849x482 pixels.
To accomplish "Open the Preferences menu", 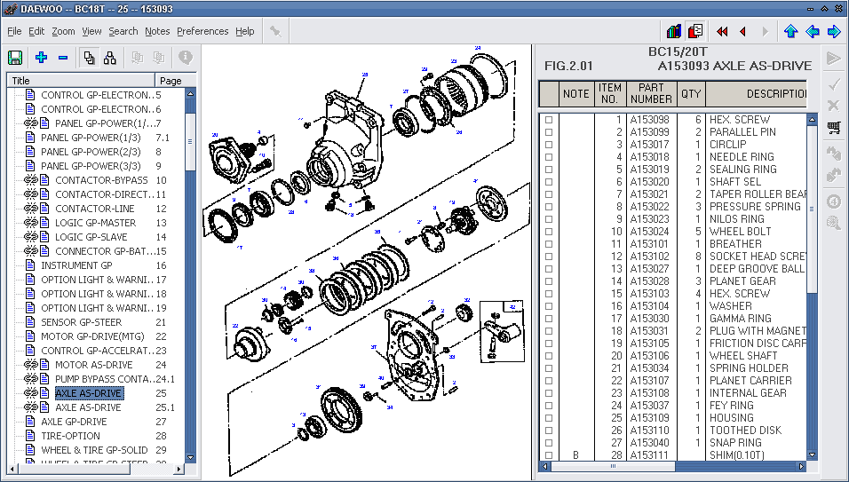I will click(x=202, y=31).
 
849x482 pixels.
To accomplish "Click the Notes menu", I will click(x=157, y=31).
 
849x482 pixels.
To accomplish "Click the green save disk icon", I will click(x=15, y=58).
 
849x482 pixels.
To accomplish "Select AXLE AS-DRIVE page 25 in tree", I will click(x=89, y=393).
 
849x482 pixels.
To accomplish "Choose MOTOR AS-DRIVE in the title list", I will click(x=93, y=365).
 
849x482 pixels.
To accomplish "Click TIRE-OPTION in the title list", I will click(x=70, y=436).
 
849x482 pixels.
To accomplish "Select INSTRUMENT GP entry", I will click(x=76, y=265).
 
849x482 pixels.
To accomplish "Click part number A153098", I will click(x=649, y=120).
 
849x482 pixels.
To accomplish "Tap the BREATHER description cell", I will click(x=735, y=244).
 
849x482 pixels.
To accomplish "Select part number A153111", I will click(x=649, y=455).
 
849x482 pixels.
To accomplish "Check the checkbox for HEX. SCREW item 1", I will click(x=549, y=120).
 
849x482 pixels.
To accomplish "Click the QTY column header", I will click(x=690, y=93).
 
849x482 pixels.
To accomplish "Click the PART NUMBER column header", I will click(x=650, y=93).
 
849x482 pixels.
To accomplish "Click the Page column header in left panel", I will click(x=171, y=81).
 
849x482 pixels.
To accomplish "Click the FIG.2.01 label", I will click(x=568, y=66).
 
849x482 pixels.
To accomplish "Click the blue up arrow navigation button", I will click(x=790, y=31).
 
